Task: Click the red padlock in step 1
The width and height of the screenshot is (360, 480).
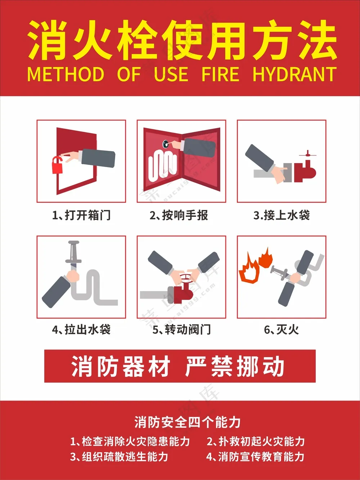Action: (57, 166)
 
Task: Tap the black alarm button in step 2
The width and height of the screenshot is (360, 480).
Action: (166, 144)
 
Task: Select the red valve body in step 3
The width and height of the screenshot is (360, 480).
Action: (305, 171)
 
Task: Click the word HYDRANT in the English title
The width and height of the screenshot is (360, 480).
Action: (294, 74)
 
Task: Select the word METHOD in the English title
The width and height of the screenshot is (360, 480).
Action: (66, 74)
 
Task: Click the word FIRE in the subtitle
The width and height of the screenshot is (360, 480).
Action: (220, 74)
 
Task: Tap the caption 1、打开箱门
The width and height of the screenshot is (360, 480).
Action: (81, 215)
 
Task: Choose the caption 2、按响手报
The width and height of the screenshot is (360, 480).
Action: (179, 215)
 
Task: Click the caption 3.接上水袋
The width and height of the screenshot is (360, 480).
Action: (282, 215)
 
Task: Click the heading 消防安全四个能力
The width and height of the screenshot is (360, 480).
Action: (187, 422)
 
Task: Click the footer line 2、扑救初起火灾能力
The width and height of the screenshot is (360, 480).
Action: (256, 441)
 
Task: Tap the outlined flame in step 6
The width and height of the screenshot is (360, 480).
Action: (249, 269)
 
